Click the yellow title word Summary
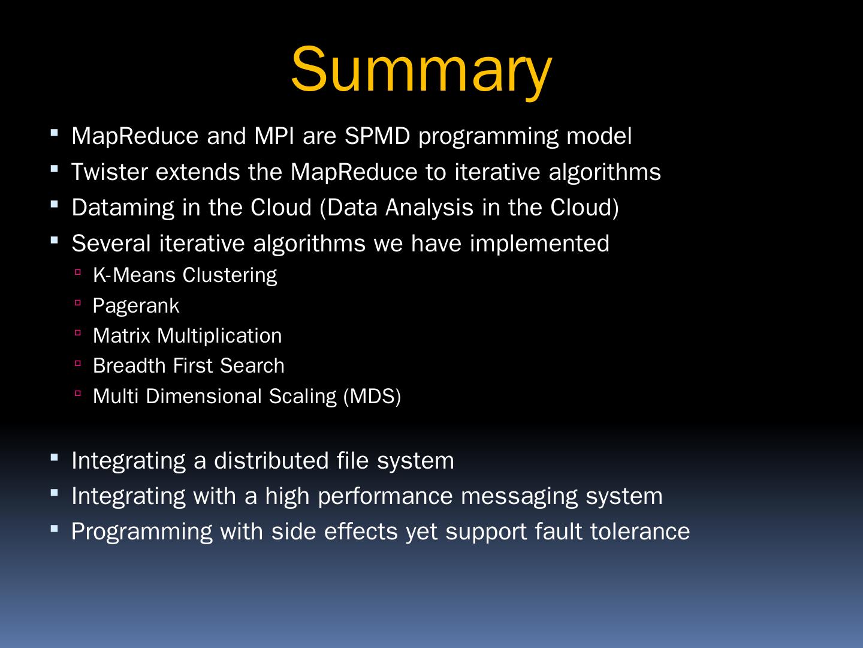[x=421, y=71]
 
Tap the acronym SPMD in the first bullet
[x=378, y=136]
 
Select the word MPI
[x=274, y=136]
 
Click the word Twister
[x=110, y=172]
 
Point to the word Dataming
[x=123, y=208]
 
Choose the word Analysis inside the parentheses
[x=429, y=208]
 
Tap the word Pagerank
[x=136, y=306]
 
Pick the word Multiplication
[x=219, y=336]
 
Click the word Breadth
[x=129, y=366]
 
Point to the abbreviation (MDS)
[x=372, y=397]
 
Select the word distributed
[x=271, y=461]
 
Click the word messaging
[x=519, y=497]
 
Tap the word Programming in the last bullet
[x=141, y=532]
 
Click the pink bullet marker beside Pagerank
[x=78, y=303]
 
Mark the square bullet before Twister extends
[x=55, y=169]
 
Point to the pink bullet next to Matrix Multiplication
[x=78, y=333]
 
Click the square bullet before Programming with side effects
[x=55, y=529]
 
